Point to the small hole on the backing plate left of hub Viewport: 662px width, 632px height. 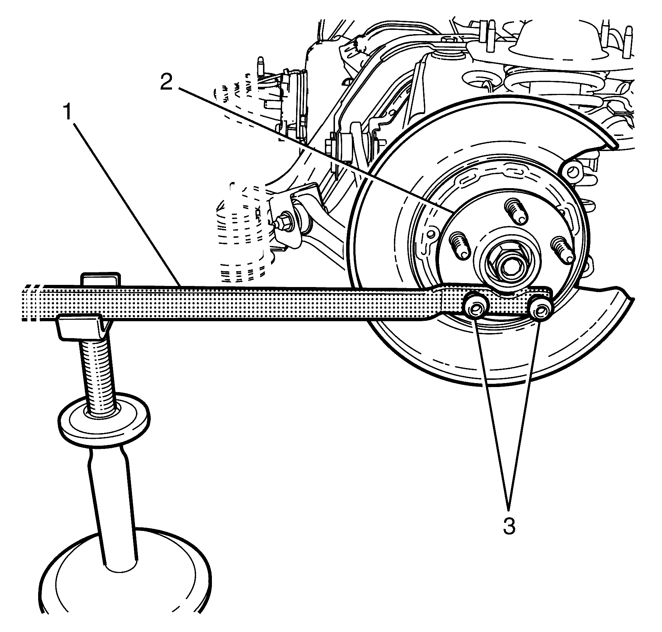point(430,234)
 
